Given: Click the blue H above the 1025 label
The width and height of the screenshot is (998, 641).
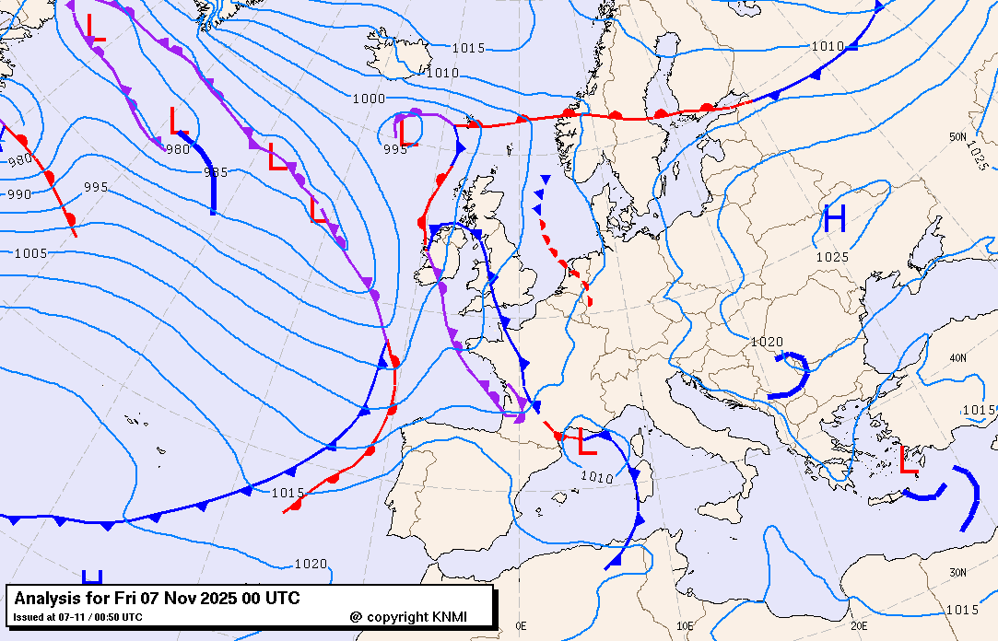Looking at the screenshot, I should (835, 219).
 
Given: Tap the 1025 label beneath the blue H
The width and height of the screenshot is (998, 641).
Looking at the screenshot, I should (831, 257).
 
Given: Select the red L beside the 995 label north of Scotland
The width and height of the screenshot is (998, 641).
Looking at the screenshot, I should (408, 134).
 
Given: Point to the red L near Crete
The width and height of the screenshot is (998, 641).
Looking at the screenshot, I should (910, 460).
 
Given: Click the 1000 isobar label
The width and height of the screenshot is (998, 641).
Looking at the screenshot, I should (369, 99).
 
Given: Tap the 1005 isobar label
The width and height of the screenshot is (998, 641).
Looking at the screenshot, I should (31, 252).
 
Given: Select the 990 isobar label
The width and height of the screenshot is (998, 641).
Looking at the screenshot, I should (18, 194).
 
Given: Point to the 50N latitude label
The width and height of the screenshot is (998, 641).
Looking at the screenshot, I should (958, 137).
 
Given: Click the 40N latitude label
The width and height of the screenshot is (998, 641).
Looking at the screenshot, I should (958, 357).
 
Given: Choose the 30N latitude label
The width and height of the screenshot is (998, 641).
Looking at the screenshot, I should (958, 573).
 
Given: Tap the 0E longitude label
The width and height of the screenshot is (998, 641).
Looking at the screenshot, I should (522, 625).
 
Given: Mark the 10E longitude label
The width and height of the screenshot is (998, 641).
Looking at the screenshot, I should (685, 625).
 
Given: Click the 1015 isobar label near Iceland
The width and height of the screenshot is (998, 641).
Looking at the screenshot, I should (468, 48).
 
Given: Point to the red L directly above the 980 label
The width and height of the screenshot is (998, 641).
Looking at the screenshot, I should (179, 121).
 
